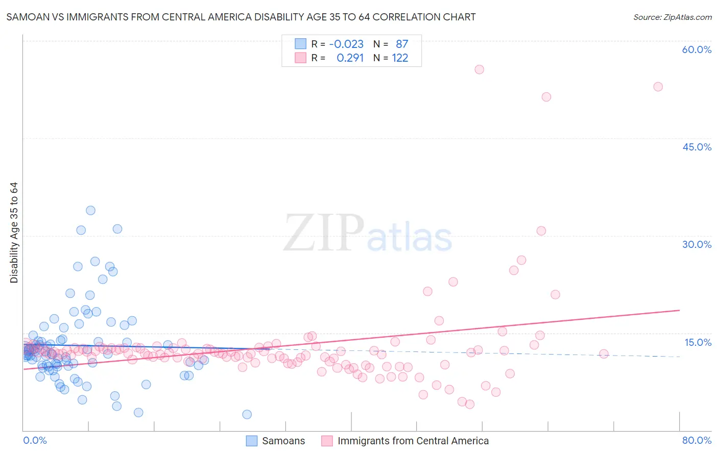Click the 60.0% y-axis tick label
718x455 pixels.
(697, 49)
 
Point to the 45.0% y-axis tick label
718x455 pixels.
(697, 147)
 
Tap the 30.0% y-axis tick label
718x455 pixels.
(697, 244)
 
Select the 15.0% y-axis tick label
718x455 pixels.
(698, 342)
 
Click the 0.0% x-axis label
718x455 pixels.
(35, 440)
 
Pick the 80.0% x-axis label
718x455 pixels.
(697, 440)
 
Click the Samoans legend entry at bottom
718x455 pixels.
(283, 441)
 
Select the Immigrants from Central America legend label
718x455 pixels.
(413, 441)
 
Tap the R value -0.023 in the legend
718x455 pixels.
(346, 44)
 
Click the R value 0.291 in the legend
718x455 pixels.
(350, 58)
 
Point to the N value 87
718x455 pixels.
(402, 44)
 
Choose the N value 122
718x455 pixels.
(400, 58)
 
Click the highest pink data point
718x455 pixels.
(479, 69)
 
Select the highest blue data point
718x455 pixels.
(90, 210)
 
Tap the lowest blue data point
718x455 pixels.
(247, 414)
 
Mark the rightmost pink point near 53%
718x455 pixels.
(658, 87)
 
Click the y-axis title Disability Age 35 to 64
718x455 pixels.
(14, 233)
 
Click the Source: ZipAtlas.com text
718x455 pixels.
(672, 17)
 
